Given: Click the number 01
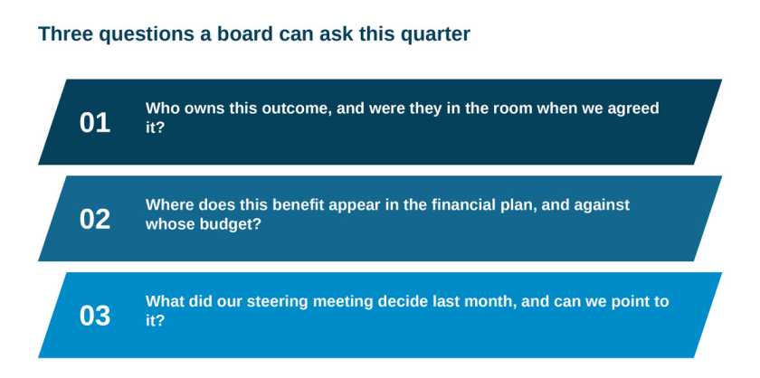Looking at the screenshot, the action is pos(94,123).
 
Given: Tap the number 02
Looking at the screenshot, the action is pos(94,220).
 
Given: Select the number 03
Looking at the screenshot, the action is pos(94,316).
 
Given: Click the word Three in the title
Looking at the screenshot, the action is pos(65,34).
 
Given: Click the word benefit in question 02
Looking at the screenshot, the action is pos(298,204).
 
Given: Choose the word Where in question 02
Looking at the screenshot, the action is pos(170,204).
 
